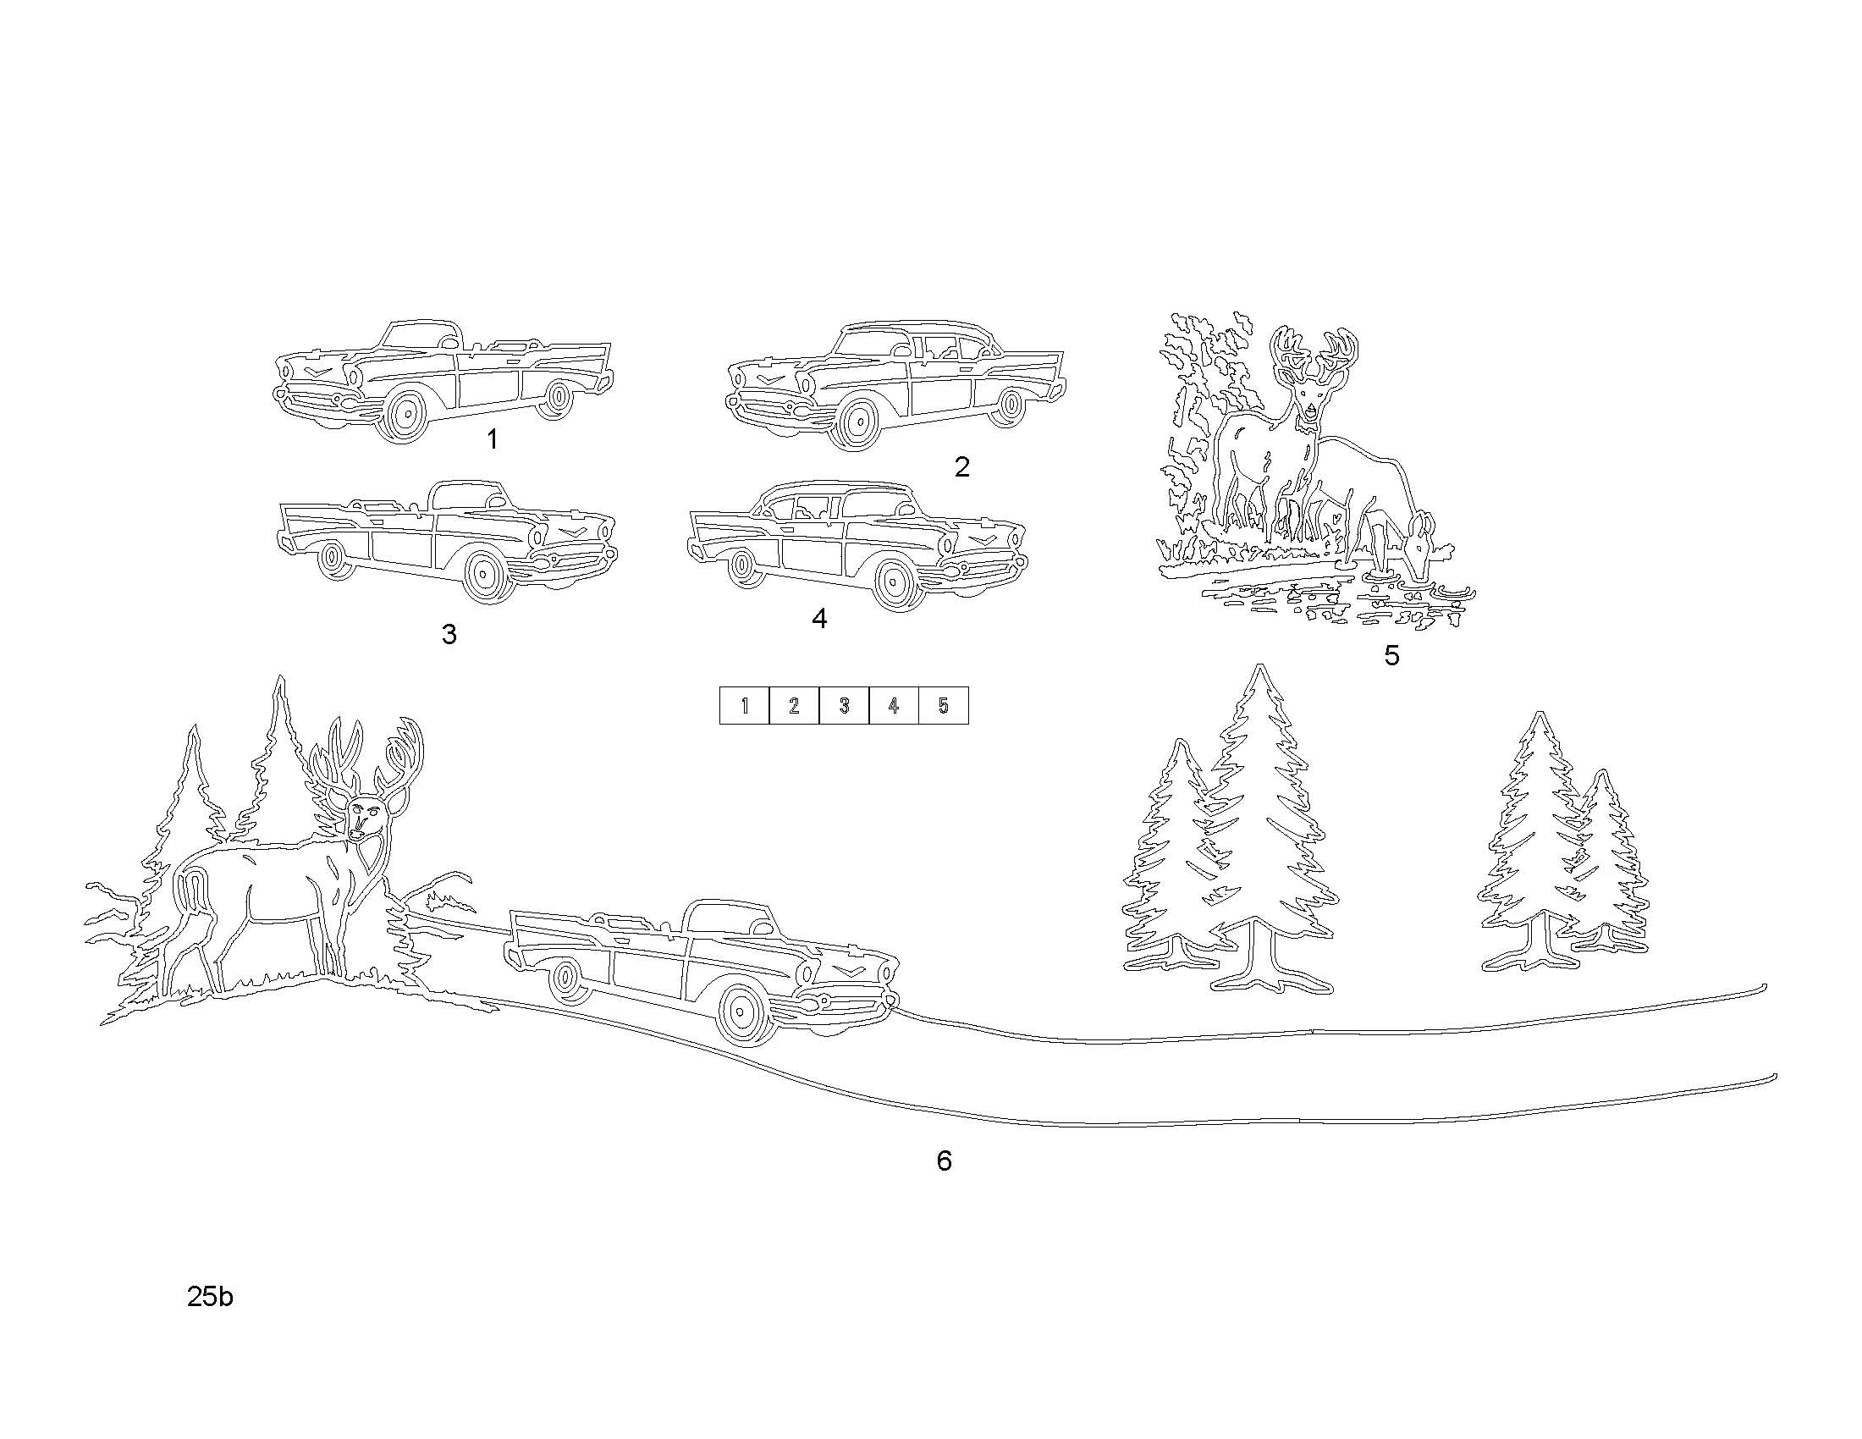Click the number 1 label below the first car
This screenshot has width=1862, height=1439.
tap(492, 440)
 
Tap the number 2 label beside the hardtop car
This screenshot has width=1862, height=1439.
tap(961, 466)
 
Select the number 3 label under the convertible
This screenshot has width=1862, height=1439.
tap(449, 633)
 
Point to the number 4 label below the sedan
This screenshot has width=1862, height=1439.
tap(819, 618)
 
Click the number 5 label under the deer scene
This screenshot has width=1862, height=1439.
tap(1391, 654)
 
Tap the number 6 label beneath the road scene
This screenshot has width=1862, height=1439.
tap(944, 1161)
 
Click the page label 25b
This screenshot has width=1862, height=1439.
tap(210, 1297)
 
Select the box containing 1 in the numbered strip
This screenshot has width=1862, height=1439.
tap(744, 705)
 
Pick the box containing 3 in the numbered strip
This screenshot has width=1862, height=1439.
tap(844, 705)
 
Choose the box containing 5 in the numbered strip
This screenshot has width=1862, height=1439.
tap(944, 705)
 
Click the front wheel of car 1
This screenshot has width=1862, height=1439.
tap(405, 415)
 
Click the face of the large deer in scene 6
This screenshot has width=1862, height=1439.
tap(364, 817)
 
